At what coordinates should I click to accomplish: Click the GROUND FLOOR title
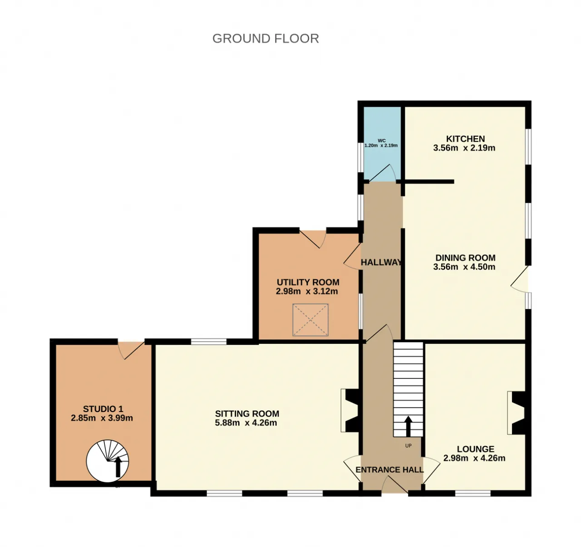click(x=266, y=38)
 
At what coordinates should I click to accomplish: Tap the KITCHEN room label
click(x=465, y=139)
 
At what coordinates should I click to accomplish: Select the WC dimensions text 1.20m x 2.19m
click(x=381, y=145)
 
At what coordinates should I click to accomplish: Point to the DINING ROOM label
click(x=465, y=258)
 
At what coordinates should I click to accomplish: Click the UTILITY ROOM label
click(x=308, y=282)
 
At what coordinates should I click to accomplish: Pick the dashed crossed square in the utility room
click(x=310, y=320)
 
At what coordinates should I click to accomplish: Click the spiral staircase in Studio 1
click(x=108, y=461)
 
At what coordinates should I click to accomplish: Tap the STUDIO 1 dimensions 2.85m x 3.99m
click(x=102, y=418)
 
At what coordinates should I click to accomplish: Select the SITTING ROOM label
click(x=247, y=413)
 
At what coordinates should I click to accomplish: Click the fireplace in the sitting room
click(x=352, y=410)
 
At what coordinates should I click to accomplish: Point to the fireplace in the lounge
click(x=517, y=413)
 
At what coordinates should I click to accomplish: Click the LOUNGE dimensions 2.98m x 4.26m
click(x=474, y=458)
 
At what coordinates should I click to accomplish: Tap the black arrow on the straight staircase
click(x=408, y=426)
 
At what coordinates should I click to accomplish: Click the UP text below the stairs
click(x=409, y=446)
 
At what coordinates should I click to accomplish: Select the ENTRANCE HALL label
click(x=389, y=470)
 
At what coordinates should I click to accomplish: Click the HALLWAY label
click(x=381, y=263)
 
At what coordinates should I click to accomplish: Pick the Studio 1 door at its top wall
click(x=131, y=350)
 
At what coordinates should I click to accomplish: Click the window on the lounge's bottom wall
click(x=473, y=493)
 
